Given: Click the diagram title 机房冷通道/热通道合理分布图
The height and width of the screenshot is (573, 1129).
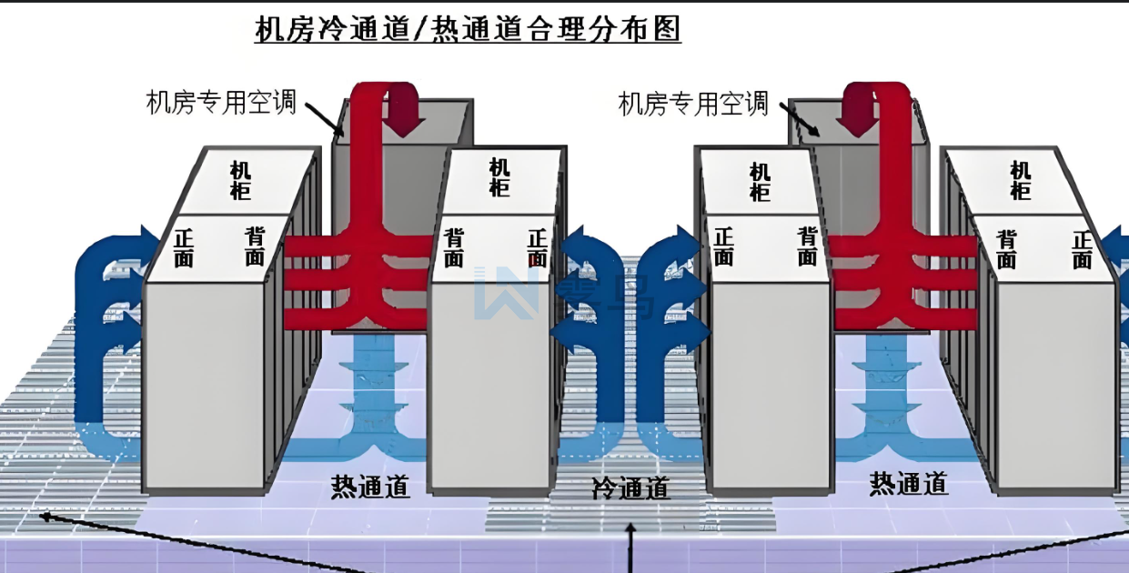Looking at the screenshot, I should [x=468, y=30].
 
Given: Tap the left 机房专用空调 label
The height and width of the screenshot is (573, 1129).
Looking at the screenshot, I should [x=222, y=102].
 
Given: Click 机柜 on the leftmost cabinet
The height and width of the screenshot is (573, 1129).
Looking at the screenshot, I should [x=241, y=180].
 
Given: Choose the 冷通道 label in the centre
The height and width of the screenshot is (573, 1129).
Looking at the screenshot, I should [x=630, y=488].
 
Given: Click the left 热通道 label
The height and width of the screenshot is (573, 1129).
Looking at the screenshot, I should [x=370, y=487].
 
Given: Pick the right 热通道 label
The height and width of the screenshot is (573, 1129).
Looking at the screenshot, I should [x=909, y=483].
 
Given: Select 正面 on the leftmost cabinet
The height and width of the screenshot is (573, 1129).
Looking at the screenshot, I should [x=184, y=247].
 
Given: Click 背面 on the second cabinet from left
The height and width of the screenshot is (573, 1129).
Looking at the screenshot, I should [x=454, y=248].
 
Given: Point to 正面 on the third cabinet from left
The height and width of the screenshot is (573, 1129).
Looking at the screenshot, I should [x=724, y=246].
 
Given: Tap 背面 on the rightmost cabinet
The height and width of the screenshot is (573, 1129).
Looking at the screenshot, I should [x=1006, y=249].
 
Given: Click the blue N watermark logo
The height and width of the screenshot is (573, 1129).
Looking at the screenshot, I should [x=506, y=293].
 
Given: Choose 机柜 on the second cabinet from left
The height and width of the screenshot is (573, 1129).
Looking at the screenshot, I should [x=499, y=177].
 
